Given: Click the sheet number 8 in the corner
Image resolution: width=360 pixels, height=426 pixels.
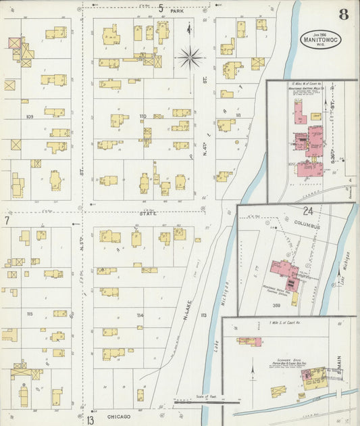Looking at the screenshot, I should click(x=344, y=15).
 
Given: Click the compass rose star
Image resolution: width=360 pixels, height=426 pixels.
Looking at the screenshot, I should click(x=190, y=57).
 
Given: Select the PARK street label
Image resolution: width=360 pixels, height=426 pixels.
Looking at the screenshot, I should click(x=177, y=11).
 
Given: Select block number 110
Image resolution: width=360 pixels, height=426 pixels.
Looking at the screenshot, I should click(x=143, y=116).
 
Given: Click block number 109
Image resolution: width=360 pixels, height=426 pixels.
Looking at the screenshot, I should click(x=29, y=116).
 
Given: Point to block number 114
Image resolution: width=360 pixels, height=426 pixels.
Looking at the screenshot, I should click(x=140, y=315).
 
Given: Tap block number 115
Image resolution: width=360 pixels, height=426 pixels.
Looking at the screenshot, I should click(x=29, y=314).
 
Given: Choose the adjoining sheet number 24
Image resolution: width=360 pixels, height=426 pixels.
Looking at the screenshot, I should click(x=308, y=210).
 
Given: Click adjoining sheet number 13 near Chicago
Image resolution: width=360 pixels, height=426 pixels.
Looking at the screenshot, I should click(x=90, y=420).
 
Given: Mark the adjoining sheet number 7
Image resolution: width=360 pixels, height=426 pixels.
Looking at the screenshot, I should click(x=6, y=220).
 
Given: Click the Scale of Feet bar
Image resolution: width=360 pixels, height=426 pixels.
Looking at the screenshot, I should click(x=197, y=400).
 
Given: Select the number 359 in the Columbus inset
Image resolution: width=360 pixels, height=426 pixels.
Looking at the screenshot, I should click(x=276, y=306).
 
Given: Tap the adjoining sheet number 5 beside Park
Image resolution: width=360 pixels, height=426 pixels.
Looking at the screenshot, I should click(x=161, y=8).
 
